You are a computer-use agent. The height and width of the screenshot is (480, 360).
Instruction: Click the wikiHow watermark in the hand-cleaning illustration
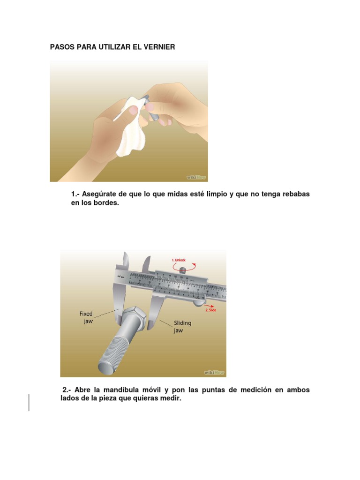click(x=196, y=177)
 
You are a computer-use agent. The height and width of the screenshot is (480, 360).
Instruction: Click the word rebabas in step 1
click(x=295, y=194)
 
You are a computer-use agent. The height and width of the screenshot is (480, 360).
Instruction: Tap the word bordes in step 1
click(x=102, y=204)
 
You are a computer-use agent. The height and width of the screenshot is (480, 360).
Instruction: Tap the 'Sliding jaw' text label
click(x=182, y=326)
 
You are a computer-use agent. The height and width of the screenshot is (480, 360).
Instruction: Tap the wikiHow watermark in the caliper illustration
click(x=214, y=373)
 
